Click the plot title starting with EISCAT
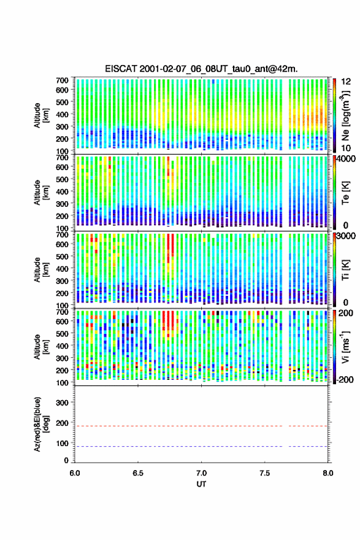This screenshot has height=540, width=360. (201, 69)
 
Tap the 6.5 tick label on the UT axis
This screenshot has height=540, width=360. (138, 473)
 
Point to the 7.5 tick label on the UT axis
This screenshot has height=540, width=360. (265, 473)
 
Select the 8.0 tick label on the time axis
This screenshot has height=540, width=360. (328, 473)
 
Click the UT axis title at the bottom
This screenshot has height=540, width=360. (201, 484)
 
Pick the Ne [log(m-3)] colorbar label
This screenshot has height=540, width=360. (345, 115)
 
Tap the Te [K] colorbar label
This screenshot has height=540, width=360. (345, 193)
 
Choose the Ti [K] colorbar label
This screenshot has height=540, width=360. (345, 269)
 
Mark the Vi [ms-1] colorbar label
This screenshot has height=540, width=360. (345, 347)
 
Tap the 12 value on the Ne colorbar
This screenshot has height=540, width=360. (347, 82)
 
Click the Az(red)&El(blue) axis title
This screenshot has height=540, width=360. (41, 425)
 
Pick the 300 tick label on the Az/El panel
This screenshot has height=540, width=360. (62, 403)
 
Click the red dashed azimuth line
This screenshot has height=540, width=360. (201, 426)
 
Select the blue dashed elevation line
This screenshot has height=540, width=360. (201, 446)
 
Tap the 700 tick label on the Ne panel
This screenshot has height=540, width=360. (62, 80)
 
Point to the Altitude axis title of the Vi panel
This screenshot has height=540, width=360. (41, 347)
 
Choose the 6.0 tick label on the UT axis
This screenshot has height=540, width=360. (75, 473)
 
